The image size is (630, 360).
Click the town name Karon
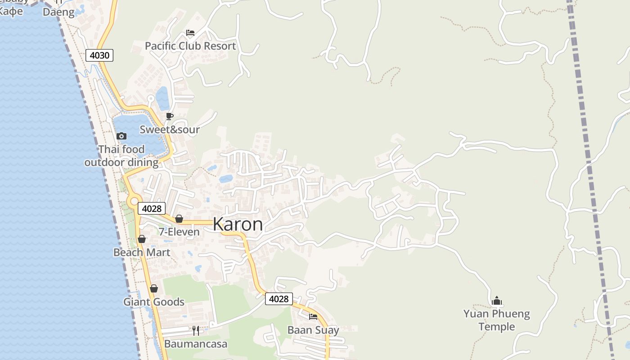point(238,224)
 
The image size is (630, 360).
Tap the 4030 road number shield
point(99,55)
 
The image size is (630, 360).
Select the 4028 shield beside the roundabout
point(151,208)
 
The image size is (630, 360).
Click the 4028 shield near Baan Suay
point(279,299)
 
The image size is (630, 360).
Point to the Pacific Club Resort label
point(190,46)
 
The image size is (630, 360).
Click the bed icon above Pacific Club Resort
point(190,33)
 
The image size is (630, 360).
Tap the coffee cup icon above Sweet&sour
point(170,117)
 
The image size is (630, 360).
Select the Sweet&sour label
point(170,130)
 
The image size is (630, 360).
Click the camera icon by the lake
point(121,136)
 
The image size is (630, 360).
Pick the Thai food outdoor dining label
point(121,156)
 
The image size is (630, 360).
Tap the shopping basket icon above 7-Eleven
point(179,219)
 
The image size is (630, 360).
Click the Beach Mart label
point(142,252)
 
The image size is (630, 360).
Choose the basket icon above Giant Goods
point(154,288)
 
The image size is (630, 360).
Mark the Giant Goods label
point(154,302)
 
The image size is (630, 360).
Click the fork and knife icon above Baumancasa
point(196,331)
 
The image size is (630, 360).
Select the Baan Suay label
point(313,330)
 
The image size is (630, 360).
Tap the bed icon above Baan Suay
point(313,317)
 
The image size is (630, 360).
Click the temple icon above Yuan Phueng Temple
point(497,301)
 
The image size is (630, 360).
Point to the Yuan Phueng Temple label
point(497,320)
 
